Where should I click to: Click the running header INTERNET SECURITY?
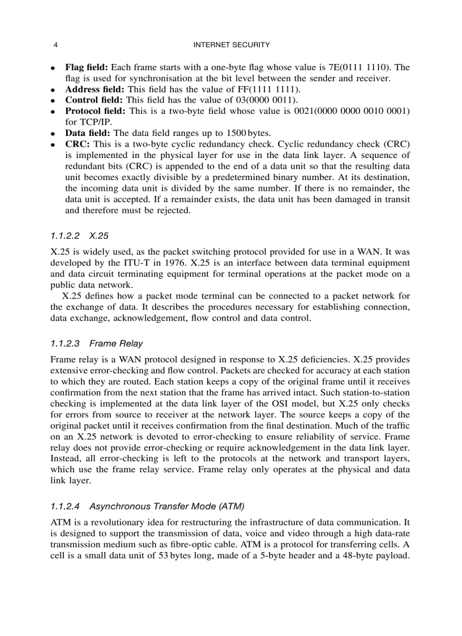pyautogui.click(x=231, y=45)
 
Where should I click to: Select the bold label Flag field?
pyautogui.click(x=87, y=67)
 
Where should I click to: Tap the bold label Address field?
pyautogui.click(x=95, y=89)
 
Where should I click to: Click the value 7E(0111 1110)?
pyautogui.click(x=369, y=67)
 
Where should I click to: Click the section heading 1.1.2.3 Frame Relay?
pyautogui.click(x=96, y=343)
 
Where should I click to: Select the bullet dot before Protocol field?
pyautogui.click(x=52, y=112)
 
